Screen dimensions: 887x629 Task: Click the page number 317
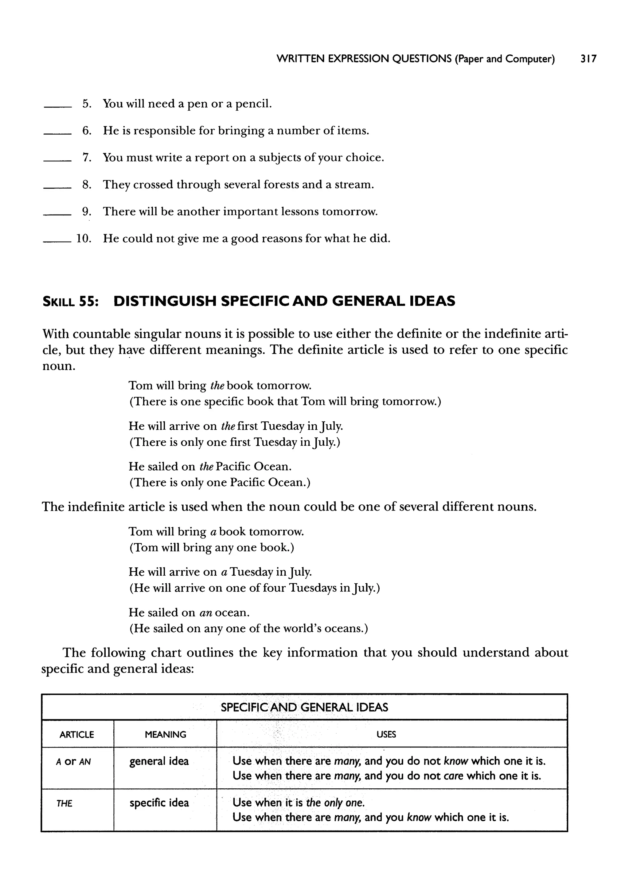pos(588,59)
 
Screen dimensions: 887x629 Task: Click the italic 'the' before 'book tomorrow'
pos(217,386)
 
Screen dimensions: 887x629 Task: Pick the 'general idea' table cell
pos(159,761)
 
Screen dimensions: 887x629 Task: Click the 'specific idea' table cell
pos(159,803)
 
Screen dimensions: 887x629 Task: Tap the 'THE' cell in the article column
pos(64,803)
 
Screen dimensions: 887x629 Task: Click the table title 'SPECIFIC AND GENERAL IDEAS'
pos(304,708)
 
